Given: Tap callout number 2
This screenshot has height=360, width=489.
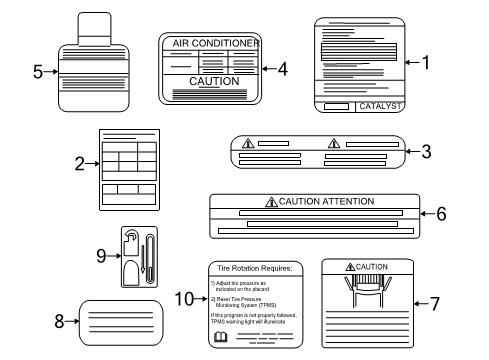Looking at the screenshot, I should coord(80,166).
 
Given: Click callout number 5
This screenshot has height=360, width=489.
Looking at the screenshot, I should coord(37,71).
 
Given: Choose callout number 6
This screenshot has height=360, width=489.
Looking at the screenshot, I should coord(441,214).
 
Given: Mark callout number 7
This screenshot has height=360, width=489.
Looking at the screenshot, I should coord(434,303).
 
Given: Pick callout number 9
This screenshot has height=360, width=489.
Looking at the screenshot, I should coord(100,256).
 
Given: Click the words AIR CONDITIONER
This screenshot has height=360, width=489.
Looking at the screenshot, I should coord(215,44).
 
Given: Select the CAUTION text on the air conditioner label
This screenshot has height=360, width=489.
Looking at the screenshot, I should coord(214,81).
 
